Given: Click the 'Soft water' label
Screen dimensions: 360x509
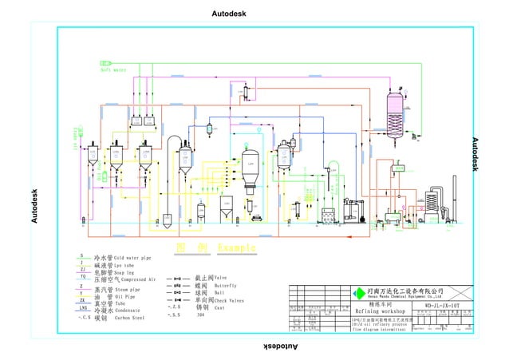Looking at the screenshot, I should pos(114,69).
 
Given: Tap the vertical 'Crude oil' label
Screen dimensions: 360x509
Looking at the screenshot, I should pos(77,136).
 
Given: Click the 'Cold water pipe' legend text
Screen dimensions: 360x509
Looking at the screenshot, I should pos(132,259).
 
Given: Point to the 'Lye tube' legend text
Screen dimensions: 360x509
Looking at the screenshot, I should pos(128,266).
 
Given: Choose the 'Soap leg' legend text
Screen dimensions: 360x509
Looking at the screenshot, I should pos(128,273).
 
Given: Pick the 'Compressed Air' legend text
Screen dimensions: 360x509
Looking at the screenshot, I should pos(135,280).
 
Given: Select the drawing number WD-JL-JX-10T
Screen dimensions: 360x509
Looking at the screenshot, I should pos(443,304).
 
